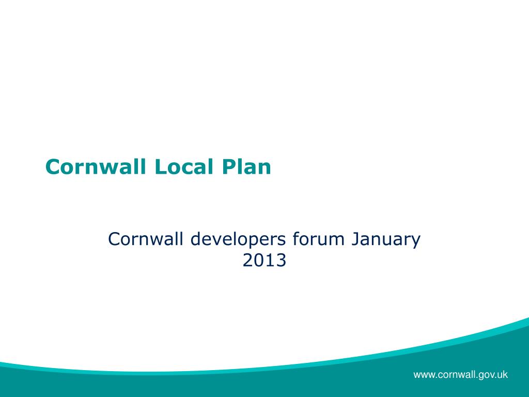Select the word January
(x=386, y=239)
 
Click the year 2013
(x=264, y=261)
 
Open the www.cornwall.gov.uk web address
(x=460, y=375)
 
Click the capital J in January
(x=356, y=239)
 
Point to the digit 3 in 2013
(x=281, y=261)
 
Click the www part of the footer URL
(x=424, y=375)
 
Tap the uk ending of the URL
(x=502, y=375)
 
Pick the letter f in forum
(x=295, y=239)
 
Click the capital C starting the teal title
(x=52, y=167)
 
